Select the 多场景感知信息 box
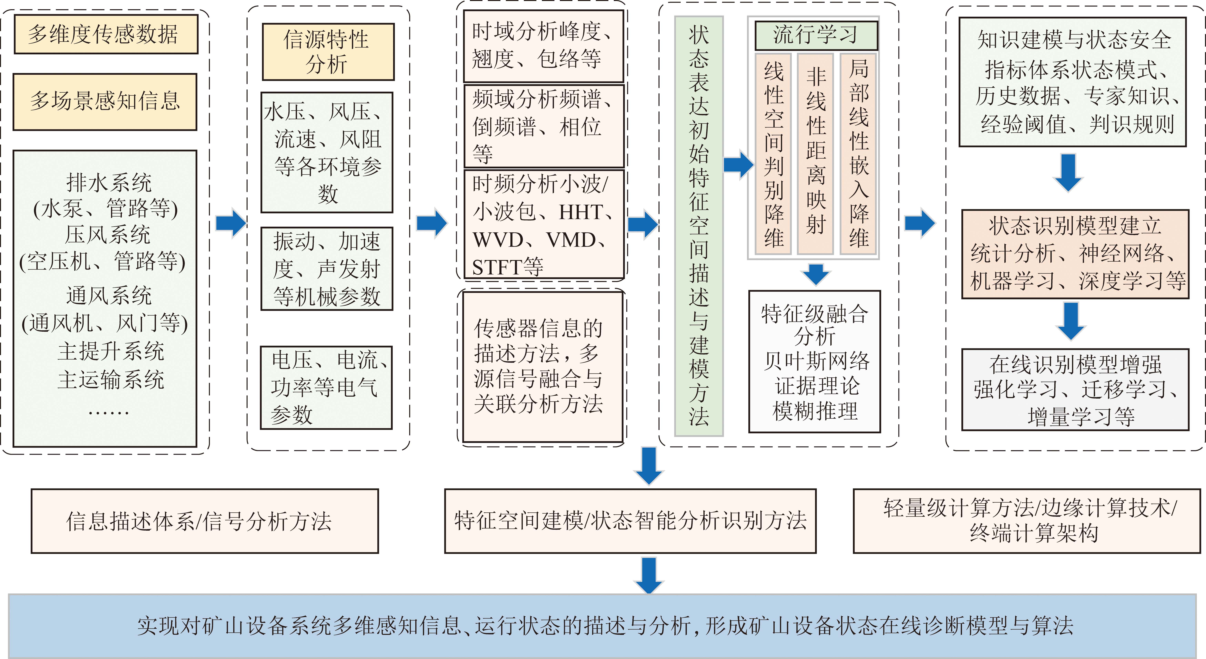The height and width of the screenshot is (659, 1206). click(105, 102)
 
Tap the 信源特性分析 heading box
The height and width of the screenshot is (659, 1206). click(328, 52)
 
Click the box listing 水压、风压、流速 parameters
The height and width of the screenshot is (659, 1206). click(327, 152)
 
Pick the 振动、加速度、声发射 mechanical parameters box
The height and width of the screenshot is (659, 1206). click(327, 269)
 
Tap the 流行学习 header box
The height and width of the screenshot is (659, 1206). click(816, 35)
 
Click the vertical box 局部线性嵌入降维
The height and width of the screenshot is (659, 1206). click(858, 154)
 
